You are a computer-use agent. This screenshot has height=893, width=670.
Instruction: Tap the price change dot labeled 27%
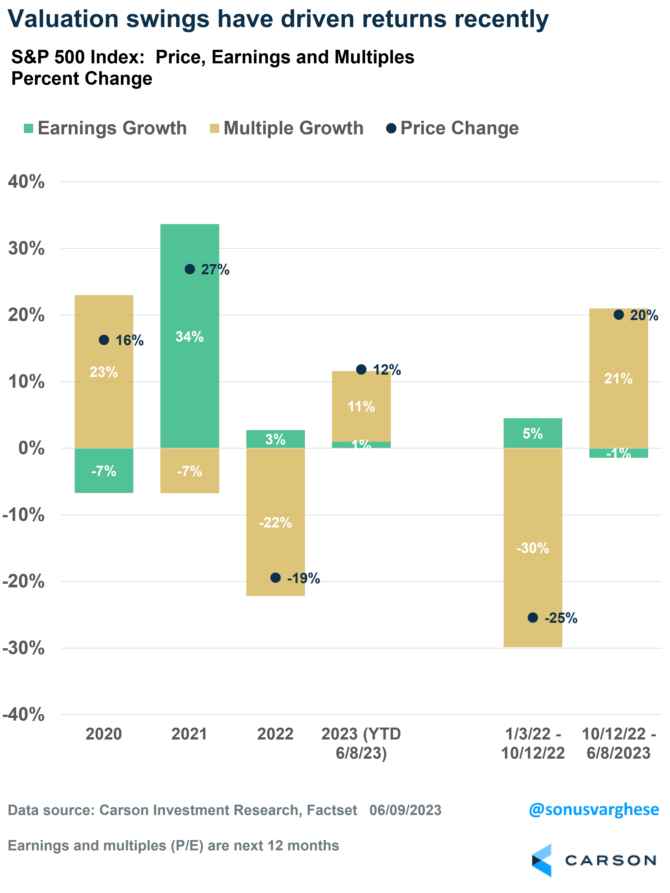[x=190, y=269]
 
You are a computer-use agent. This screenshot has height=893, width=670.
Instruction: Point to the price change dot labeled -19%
[x=275, y=578]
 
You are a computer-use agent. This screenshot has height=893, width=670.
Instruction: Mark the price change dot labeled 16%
[x=104, y=340]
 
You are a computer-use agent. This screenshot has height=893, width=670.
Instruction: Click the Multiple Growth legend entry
[x=287, y=128]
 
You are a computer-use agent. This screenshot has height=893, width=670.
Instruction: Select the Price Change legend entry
[x=452, y=128]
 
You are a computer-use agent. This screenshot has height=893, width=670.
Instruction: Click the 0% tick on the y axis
[x=32, y=448]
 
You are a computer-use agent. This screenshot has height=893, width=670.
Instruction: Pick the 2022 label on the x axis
[x=275, y=734]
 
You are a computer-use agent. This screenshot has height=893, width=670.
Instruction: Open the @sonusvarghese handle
[x=594, y=810]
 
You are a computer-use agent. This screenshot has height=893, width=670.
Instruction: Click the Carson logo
[x=594, y=860]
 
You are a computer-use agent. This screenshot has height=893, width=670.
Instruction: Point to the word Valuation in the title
[x=63, y=19]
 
